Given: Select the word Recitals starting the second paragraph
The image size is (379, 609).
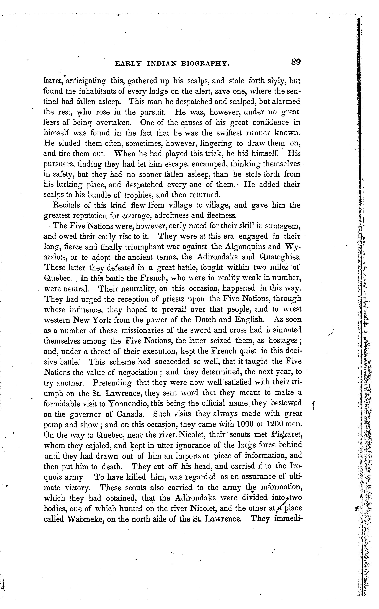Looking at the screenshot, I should pos(66,205).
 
